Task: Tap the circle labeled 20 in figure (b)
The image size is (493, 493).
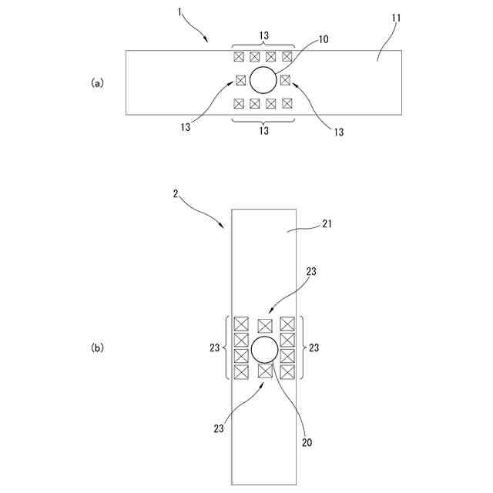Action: pyautogui.click(x=264, y=350)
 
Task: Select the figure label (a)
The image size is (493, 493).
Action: pyautogui.click(x=97, y=83)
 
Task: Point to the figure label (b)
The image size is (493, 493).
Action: pyautogui.click(x=97, y=348)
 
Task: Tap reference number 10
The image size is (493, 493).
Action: pyautogui.click(x=323, y=39)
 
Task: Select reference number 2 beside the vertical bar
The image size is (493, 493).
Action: pyautogui.click(x=176, y=196)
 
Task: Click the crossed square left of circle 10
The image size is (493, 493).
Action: pyautogui.click(x=240, y=79)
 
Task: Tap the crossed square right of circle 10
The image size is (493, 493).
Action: pyautogui.click(x=285, y=79)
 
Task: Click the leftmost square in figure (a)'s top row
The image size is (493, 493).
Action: pyautogui.click(x=239, y=56)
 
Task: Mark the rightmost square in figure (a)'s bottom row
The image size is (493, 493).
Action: pyautogui.click(x=287, y=103)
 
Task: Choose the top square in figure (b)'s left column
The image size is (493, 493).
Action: pyautogui.click(x=241, y=324)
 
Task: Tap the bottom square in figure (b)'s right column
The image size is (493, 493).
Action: pyautogui.click(x=288, y=372)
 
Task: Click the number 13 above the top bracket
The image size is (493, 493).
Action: pyautogui.click(x=263, y=34)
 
